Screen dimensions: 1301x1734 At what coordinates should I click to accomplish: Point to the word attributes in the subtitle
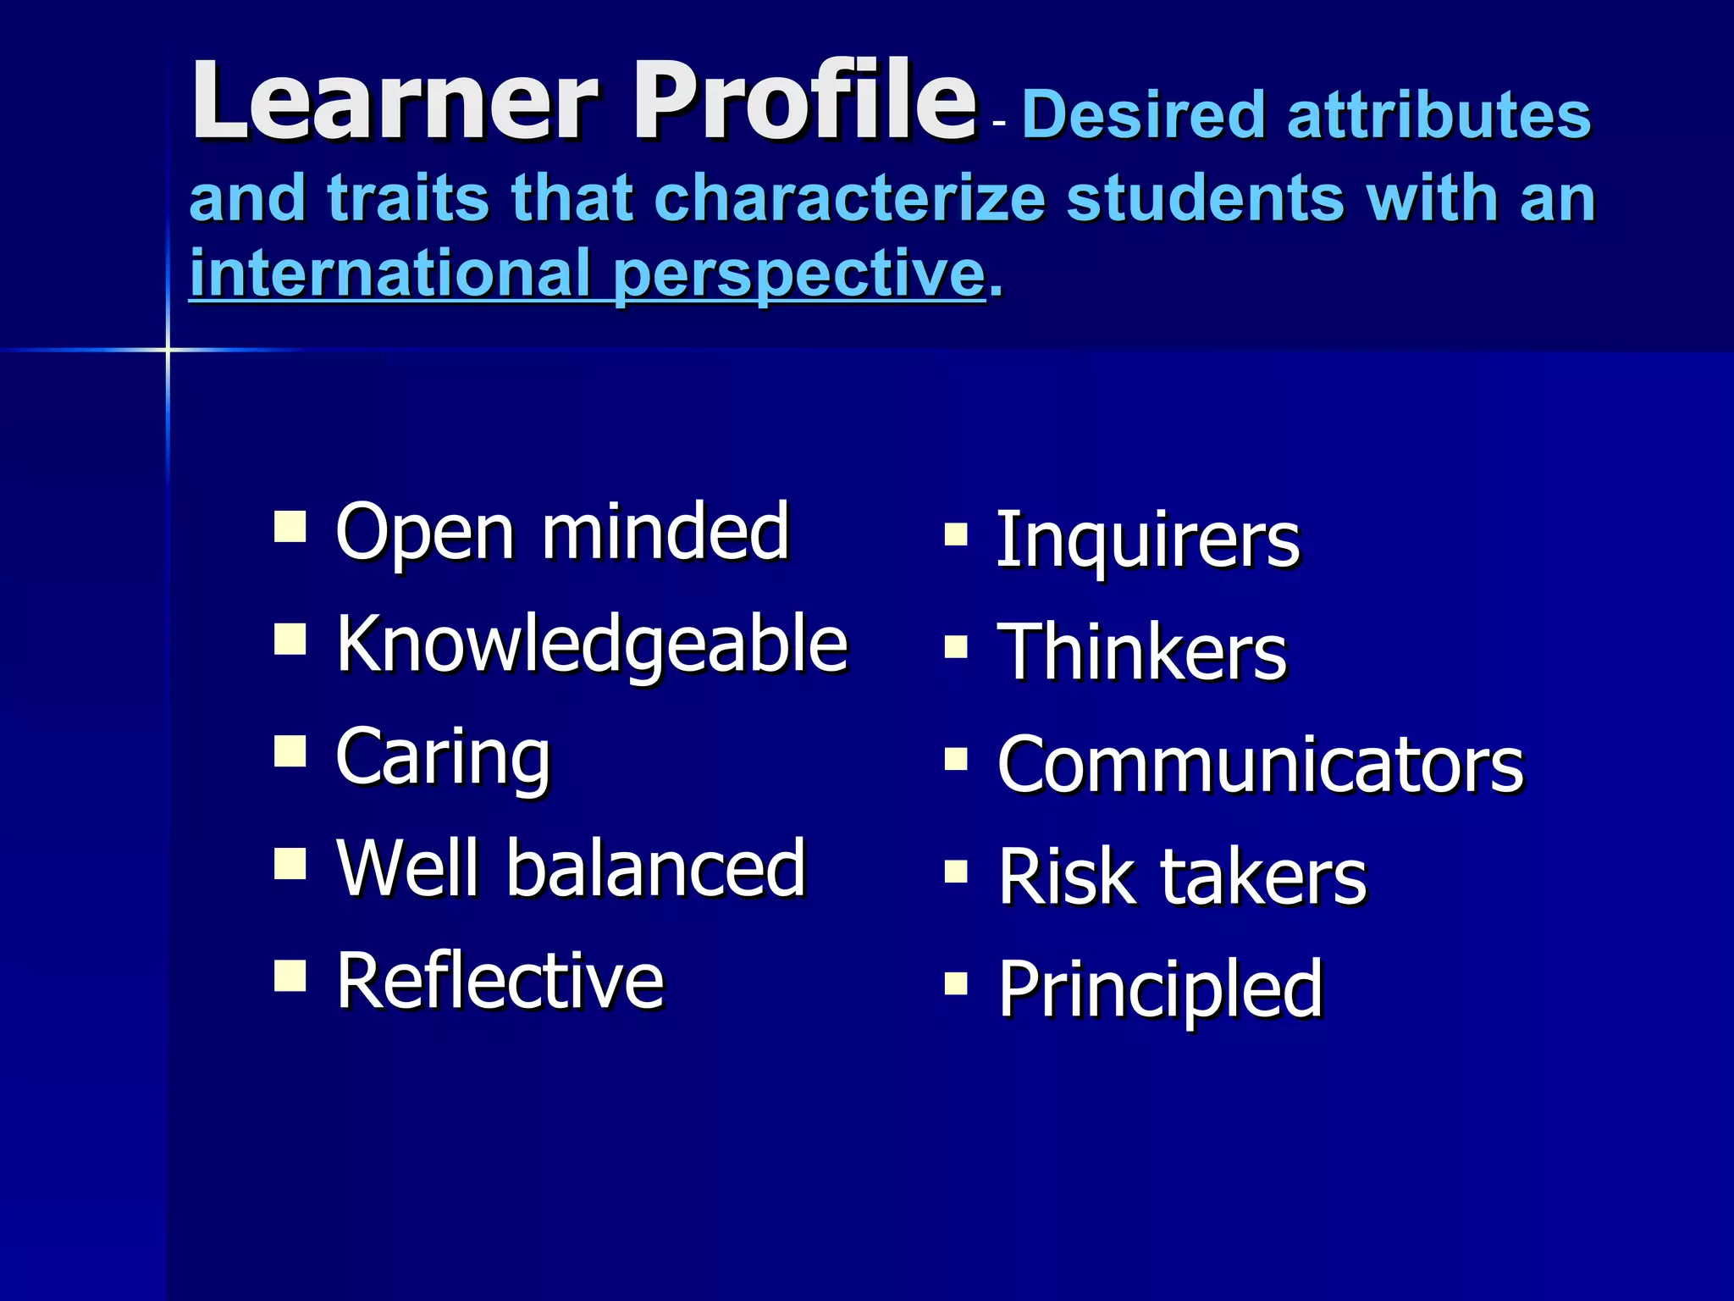[1439, 115]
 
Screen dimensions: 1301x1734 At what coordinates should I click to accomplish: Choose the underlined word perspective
[799, 274]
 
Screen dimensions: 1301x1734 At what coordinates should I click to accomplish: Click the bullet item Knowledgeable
[592, 644]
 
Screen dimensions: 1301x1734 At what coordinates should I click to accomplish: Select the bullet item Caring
[443, 756]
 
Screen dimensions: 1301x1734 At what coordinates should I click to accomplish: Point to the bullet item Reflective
[500, 980]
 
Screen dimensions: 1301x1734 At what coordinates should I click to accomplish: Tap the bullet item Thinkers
[1142, 651]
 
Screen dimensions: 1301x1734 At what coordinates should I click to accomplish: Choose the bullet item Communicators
[1260, 764]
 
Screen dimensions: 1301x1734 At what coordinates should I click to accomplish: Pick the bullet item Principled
[1160, 988]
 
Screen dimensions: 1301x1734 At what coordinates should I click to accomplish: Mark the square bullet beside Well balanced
[290, 864]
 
